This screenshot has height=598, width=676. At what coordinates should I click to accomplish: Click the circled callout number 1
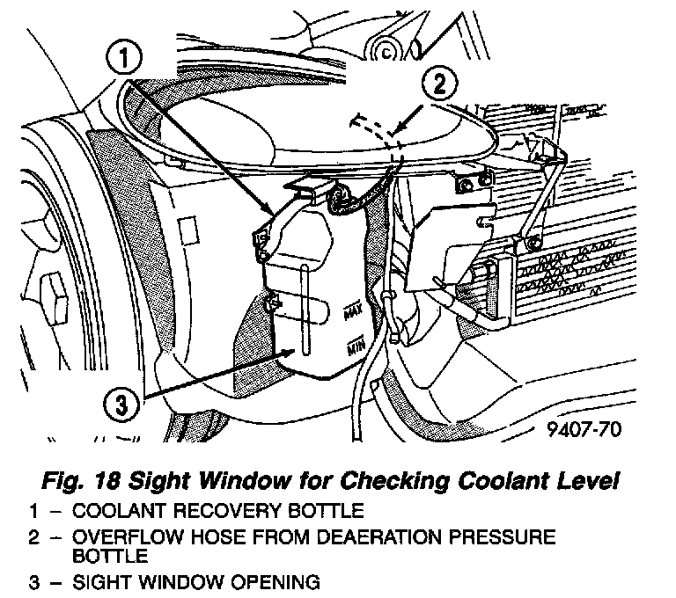(125, 60)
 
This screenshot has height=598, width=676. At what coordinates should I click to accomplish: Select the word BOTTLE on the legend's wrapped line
(108, 556)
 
